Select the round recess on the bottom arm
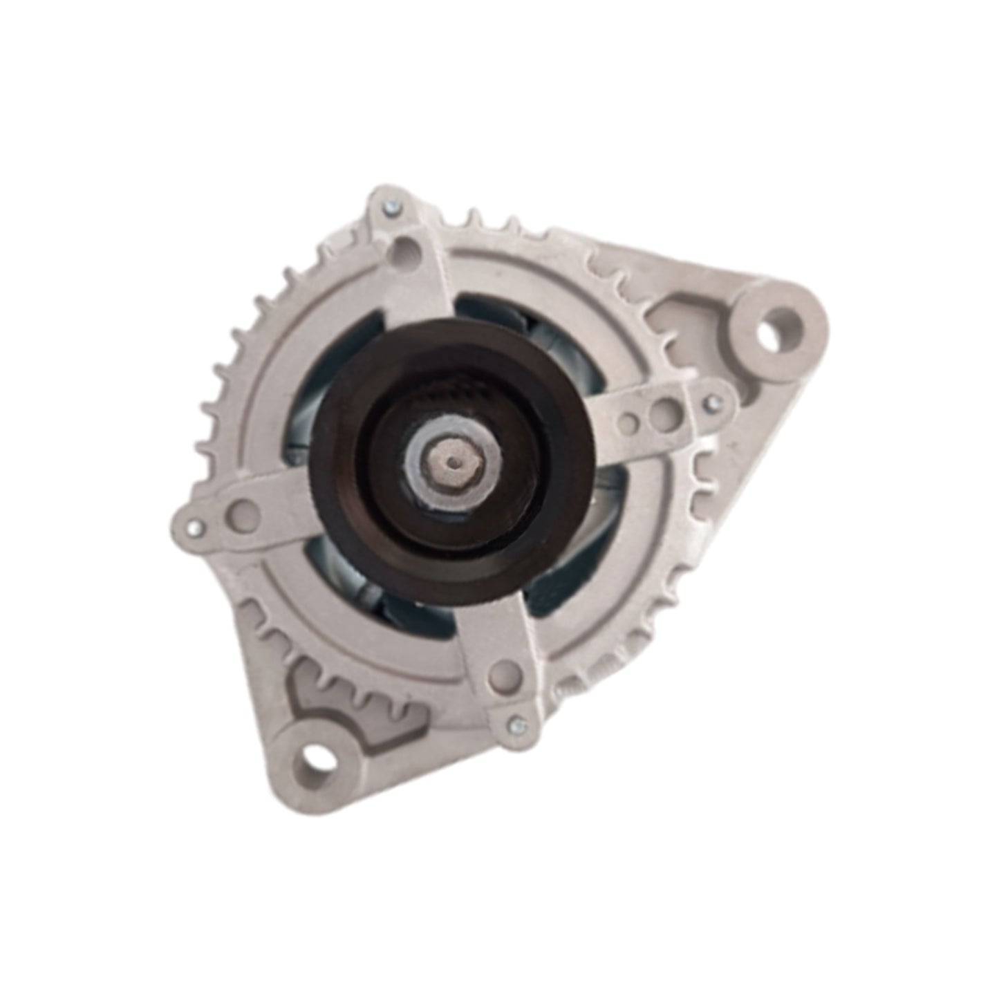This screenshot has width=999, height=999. [506, 671]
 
